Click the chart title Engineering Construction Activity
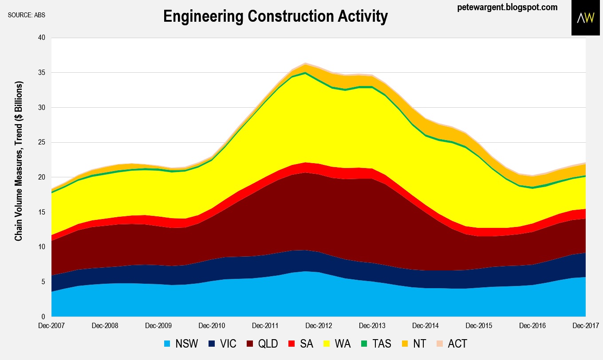(x=275, y=16)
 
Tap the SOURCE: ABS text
(x=26, y=15)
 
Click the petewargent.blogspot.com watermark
(x=507, y=7)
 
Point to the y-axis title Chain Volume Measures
(x=19, y=160)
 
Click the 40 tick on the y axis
(x=42, y=38)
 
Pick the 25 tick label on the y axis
(x=42, y=142)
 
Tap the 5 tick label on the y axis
(x=44, y=282)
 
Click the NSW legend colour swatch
(x=167, y=344)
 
